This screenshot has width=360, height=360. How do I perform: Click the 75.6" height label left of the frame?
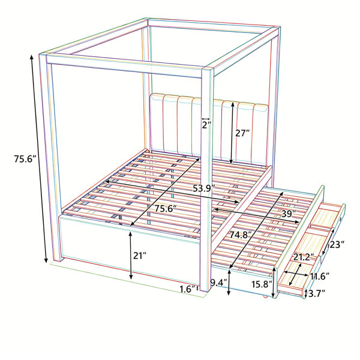(25, 159)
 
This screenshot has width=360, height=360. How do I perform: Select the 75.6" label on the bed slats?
(166, 208)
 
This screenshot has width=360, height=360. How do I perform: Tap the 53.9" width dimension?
(203, 188)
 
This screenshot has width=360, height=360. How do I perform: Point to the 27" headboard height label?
(242, 133)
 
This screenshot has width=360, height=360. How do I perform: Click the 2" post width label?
(206, 125)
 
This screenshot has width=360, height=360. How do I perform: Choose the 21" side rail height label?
(140, 256)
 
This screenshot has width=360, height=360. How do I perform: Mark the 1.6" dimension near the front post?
(188, 289)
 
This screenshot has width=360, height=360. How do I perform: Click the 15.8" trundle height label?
(262, 284)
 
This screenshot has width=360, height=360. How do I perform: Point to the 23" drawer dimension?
(337, 245)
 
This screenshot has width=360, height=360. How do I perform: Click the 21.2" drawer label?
(304, 257)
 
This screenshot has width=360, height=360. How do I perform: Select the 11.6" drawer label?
(320, 276)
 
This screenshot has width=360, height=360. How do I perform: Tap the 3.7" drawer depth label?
(317, 293)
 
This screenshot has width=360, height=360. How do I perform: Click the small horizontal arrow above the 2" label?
(206, 119)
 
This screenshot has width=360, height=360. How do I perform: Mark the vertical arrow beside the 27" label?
(232, 133)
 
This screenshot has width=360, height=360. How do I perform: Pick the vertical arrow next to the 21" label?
(130, 256)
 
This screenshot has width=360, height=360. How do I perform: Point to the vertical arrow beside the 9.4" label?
(229, 283)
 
